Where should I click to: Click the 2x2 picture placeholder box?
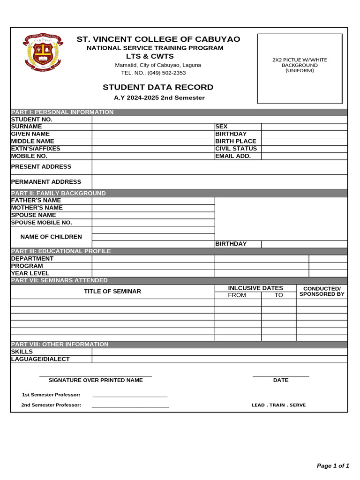(x=300, y=68)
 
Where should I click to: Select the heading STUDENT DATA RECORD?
(x=158, y=87)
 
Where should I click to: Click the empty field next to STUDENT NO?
(x=219, y=120)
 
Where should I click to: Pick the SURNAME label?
(x=27, y=127)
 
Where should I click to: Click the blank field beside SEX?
(x=304, y=127)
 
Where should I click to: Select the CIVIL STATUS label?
(x=236, y=149)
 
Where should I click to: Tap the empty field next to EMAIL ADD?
(x=304, y=156)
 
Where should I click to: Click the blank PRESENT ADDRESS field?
(x=219, y=167)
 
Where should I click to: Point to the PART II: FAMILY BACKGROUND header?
(x=59, y=193)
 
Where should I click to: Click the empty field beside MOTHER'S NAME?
(x=153, y=208)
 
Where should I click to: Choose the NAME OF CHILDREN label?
(x=51, y=237)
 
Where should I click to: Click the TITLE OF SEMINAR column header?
(x=112, y=291)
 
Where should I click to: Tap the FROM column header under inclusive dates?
(x=237, y=295)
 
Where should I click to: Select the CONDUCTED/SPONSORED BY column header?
(x=322, y=291)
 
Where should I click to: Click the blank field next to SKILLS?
(x=219, y=352)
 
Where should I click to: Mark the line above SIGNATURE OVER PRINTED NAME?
(x=96, y=376)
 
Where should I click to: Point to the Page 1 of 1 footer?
(x=333, y=465)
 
